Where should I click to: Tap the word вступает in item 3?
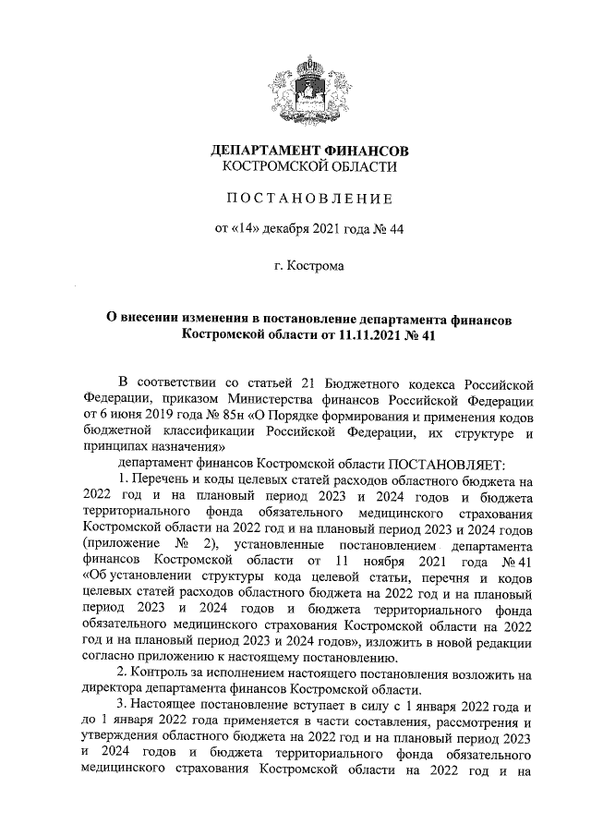pyautogui.click(x=296, y=706)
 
